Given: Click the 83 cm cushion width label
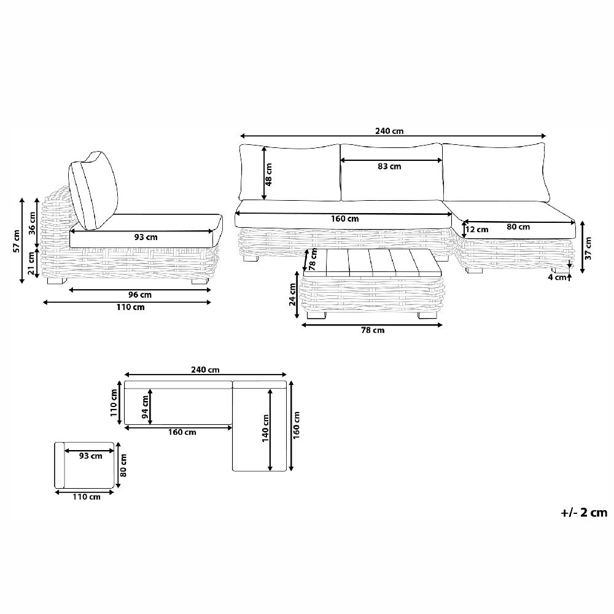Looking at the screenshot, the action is point(389,166).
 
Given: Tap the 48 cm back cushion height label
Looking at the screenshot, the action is point(269,174).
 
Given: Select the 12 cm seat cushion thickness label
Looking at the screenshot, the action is point(477,230).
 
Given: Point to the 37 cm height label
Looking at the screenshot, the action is point(588,248).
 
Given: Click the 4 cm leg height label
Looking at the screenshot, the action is point(558,278).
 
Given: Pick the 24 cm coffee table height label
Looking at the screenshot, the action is point(292,295).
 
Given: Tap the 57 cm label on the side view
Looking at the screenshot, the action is point(16,241).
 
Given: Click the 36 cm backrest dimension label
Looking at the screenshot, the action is point(33,222).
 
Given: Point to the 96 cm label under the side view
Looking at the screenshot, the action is point(140,295).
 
